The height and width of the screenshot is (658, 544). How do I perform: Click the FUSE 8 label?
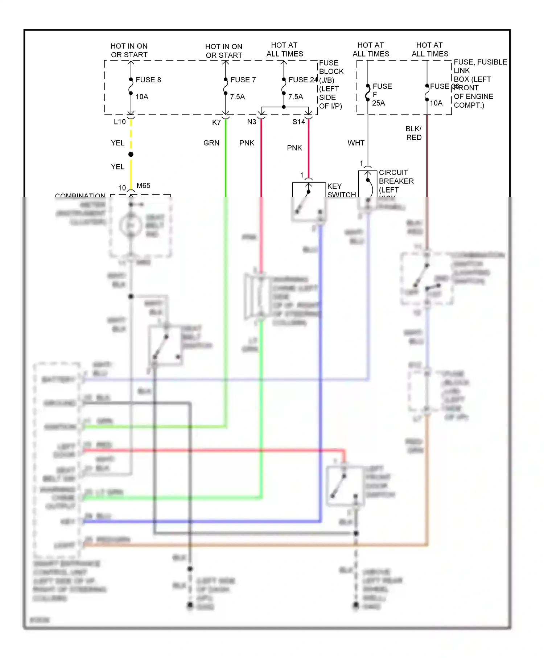(148, 80)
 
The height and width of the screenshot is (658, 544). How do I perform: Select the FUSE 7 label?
(243, 80)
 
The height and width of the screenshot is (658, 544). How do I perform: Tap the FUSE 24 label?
(303, 80)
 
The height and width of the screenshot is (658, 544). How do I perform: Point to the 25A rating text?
(378, 103)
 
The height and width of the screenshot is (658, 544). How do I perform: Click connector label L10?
(120, 122)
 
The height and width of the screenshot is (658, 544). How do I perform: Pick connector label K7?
(216, 123)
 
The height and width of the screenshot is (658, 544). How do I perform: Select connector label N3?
(251, 122)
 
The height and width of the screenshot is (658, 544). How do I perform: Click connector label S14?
(299, 122)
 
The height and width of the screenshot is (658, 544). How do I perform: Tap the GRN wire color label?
(211, 143)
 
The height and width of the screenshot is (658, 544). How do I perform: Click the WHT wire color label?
(356, 143)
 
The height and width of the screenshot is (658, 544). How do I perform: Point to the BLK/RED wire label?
(413, 133)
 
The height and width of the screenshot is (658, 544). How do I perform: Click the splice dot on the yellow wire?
(131, 155)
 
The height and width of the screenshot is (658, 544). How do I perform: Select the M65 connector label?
(143, 186)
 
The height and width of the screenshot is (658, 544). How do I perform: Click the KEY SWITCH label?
(341, 190)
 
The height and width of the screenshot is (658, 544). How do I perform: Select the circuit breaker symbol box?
(368, 189)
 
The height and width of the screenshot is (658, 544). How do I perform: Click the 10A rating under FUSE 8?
(142, 97)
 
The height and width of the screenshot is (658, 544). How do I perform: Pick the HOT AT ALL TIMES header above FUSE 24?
(284, 50)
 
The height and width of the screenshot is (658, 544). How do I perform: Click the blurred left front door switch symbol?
(345, 486)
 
